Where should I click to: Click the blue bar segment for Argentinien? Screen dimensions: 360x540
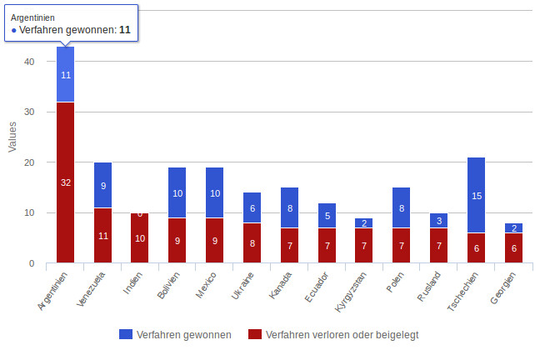[x=66, y=74]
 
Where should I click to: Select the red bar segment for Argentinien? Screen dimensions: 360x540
[x=66, y=182]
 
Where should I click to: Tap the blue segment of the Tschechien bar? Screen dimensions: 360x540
[x=476, y=195]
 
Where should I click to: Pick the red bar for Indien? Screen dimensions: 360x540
[x=140, y=238]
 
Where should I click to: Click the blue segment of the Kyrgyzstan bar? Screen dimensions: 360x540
[x=364, y=223]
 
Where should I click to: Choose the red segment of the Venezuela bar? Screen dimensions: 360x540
[x=103, y=236]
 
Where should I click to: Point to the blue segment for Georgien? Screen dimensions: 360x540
[x=513, y=228]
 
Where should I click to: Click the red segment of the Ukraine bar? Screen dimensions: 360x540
[x=252, y=243]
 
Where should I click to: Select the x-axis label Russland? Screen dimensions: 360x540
[x=432, y=287]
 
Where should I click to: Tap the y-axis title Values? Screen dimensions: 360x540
[x=12, y=137]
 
